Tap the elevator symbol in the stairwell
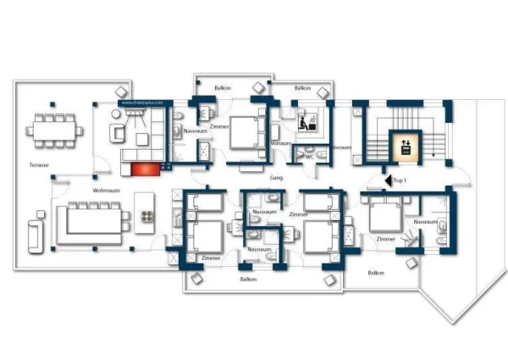[x=403, y=145]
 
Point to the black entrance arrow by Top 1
[x=386, y=180]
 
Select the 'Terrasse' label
[x=39, y=164]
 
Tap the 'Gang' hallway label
[x=276, y=180]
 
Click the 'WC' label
[x=309, y=156]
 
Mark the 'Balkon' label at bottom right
[x=376, y=273]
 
